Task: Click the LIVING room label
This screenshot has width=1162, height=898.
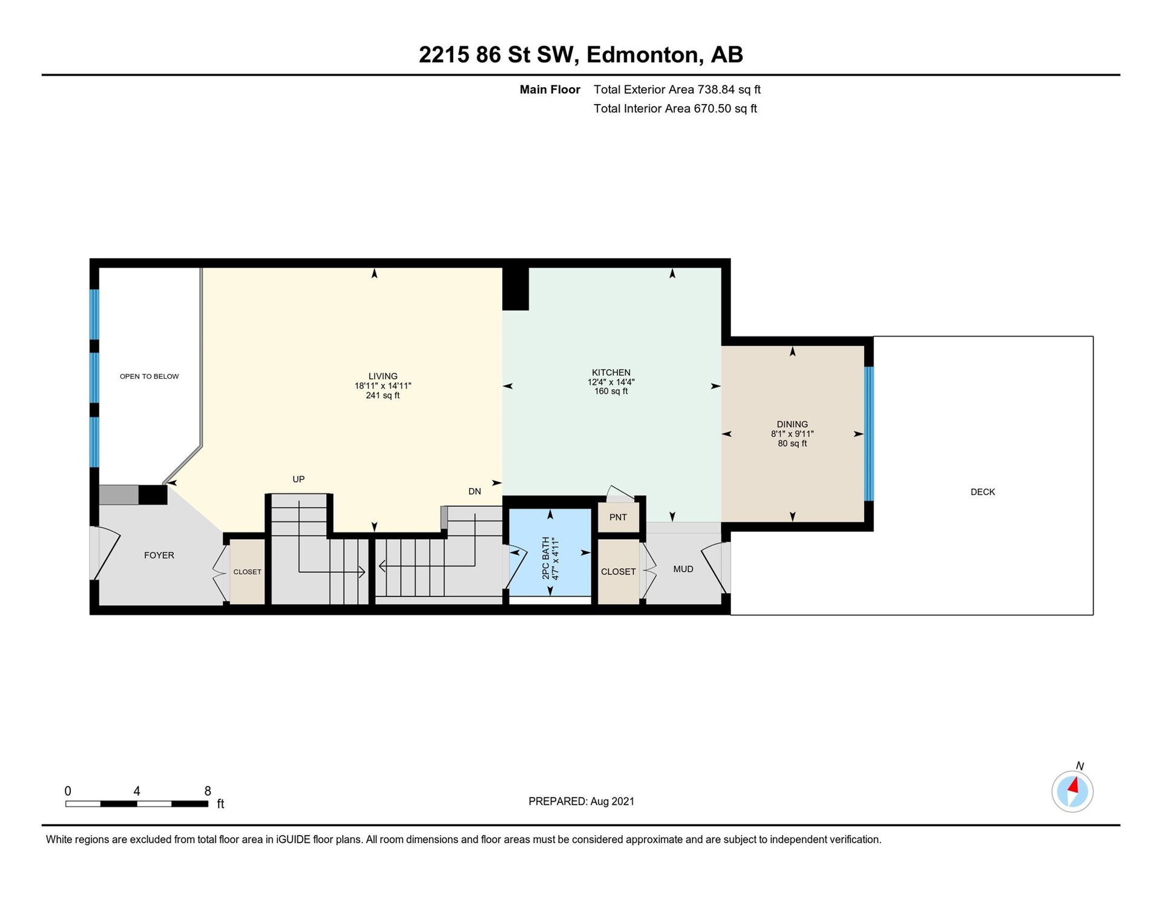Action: (x=382, y=376)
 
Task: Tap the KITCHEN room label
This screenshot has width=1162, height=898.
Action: (x=611, y=372)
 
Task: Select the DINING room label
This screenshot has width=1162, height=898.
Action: (x=792, y=424)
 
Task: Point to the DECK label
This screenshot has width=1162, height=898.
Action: (x=982, y=492)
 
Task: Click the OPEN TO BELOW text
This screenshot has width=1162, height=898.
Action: (x=149, y=376)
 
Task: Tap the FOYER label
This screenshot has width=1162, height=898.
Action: (x=159, y=555)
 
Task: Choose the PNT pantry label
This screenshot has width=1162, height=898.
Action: (x=618, y=517)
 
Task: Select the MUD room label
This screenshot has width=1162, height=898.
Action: (x=683, y=569)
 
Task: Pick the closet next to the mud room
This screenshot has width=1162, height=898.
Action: (x=618, y=571)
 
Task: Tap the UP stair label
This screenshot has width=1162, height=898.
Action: (x=298, y=479)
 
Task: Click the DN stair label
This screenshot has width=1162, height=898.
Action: (x=474, y=491)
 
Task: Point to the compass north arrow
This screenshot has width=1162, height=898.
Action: (x=1073, y=786)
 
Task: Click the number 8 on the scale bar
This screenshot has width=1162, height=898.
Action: (x=208, y=791)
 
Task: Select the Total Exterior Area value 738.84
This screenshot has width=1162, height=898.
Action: (x=716, y=90)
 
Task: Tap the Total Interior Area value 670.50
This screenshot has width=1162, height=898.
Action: (x=712, y=109)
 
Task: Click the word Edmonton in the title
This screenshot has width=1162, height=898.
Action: (x=643, y=55)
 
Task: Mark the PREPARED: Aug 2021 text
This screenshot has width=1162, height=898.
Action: (x=582, y=801)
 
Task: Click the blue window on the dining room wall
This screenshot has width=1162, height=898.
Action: (x=868, y=434)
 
